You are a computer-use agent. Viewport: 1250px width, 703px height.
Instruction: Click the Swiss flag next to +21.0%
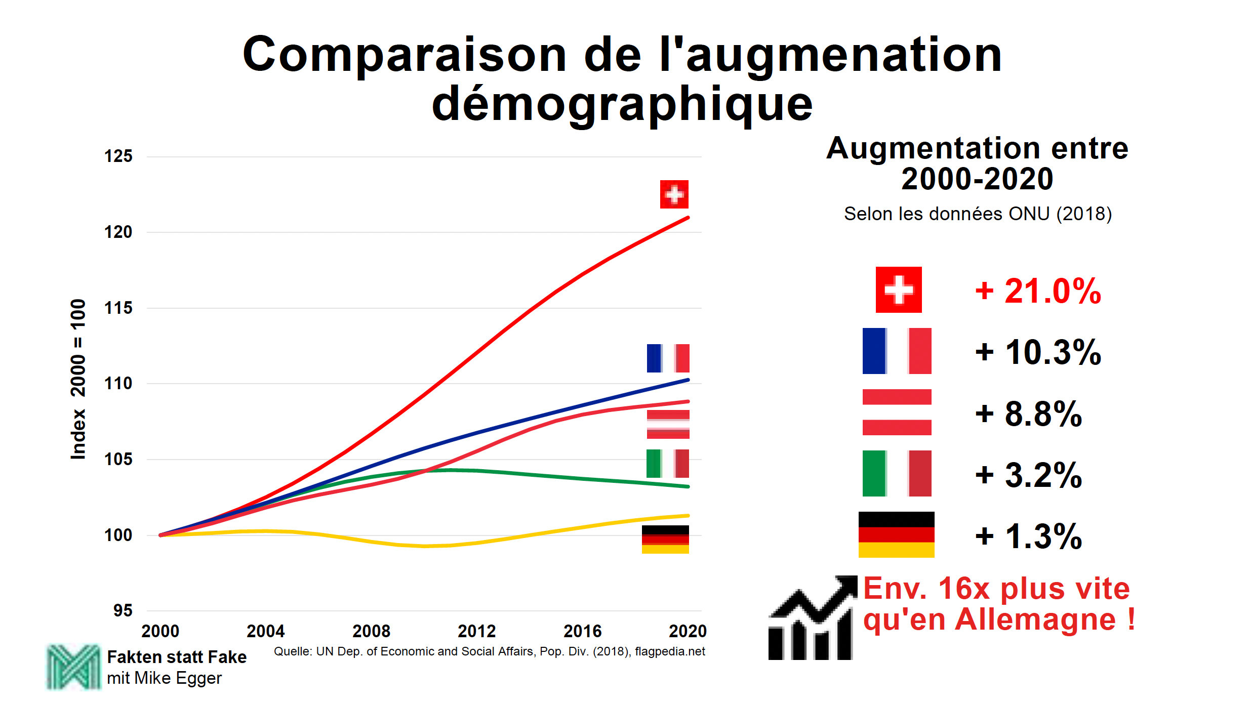[x=899, y=290]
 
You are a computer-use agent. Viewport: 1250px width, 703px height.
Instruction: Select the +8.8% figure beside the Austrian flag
[x=1028, y=413]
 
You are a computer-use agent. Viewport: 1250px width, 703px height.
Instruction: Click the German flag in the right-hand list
[x=896, y=534]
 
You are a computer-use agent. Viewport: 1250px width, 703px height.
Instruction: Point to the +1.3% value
[x=1028, y=536]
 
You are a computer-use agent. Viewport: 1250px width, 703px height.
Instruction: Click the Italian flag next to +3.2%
[x=897, y=473]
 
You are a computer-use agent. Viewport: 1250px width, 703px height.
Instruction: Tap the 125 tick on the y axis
[x=118, y=156]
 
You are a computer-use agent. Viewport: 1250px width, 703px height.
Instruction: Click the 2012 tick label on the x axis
[x=476, y=631]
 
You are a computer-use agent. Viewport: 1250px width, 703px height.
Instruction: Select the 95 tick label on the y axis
[x=123, y=610]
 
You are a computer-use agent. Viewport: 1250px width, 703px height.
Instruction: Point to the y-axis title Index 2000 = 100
[x=78, y=380]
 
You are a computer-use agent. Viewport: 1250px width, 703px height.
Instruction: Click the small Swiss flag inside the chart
[x=674, y=194]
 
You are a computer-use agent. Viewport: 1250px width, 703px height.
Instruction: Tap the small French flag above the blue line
[x=668, y=358]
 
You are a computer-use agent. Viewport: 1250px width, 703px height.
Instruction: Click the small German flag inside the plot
[x=665, y=540]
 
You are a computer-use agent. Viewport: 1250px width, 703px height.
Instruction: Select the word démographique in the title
[x=622, y=105]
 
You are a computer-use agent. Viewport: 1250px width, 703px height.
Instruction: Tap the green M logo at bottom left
[x=73, y=667]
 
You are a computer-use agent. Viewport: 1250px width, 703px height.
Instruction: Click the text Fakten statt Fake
[x=177, y=657]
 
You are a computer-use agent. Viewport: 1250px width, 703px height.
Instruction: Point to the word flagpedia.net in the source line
[x=670, y=651]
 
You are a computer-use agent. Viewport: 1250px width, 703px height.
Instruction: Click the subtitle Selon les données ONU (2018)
[x=977, y=214]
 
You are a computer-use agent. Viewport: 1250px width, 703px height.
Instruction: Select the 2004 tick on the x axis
[x=265, y=631]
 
